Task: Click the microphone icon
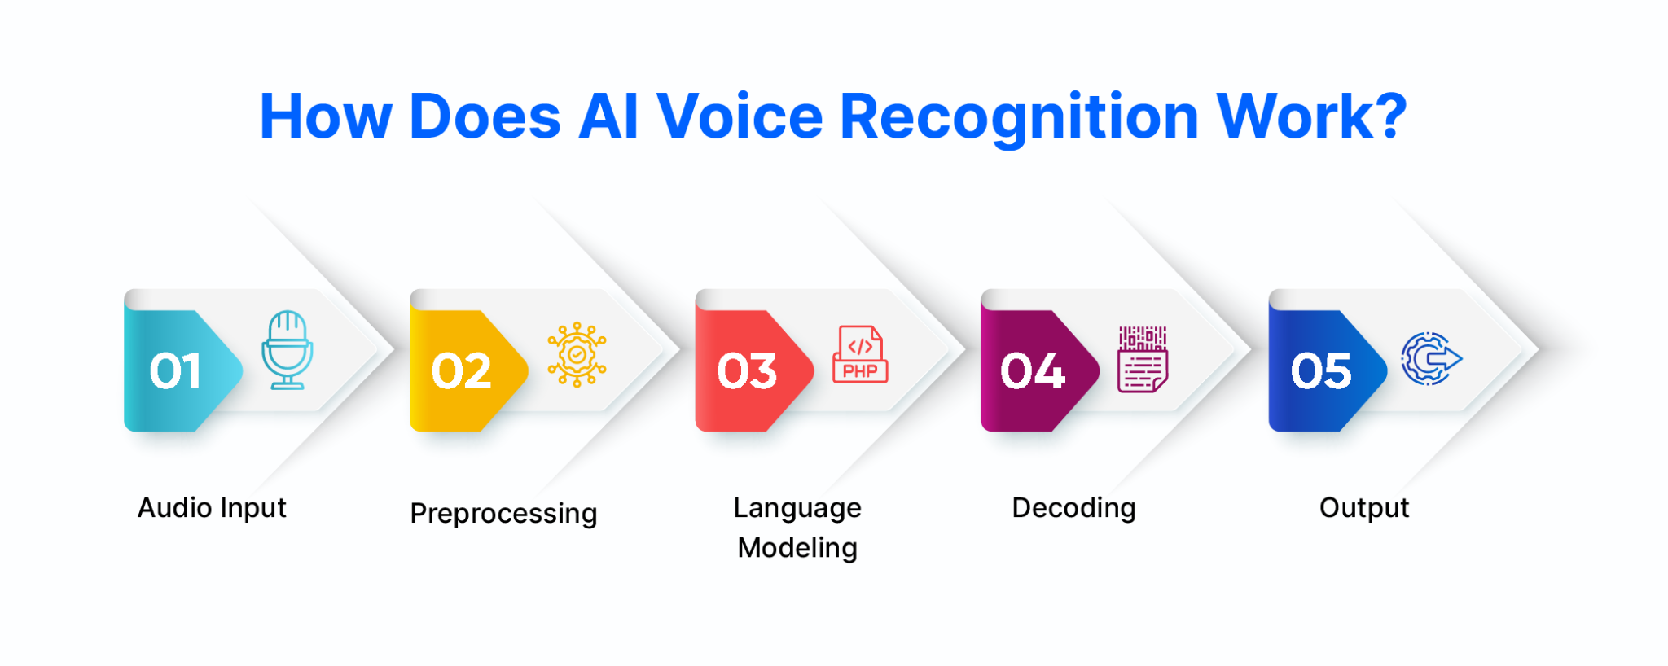[287, 350]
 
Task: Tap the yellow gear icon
[577, 355]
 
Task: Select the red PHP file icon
[860, 355]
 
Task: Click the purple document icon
[1143, 359]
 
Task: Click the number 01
[175, 371]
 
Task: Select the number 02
[461, 371]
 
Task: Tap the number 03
[747, 371]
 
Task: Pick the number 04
[1033, 371]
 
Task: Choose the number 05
[1321, 371]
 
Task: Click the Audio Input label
[212, 508]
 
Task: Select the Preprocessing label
[503, 514]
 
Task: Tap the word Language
[797, 509]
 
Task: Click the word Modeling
[797, 549]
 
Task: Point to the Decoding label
[1073, 508]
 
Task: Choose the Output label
[1364, 508]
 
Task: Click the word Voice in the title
[740, 116]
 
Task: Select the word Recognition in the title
[1019, 118]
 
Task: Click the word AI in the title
[608, 116]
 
